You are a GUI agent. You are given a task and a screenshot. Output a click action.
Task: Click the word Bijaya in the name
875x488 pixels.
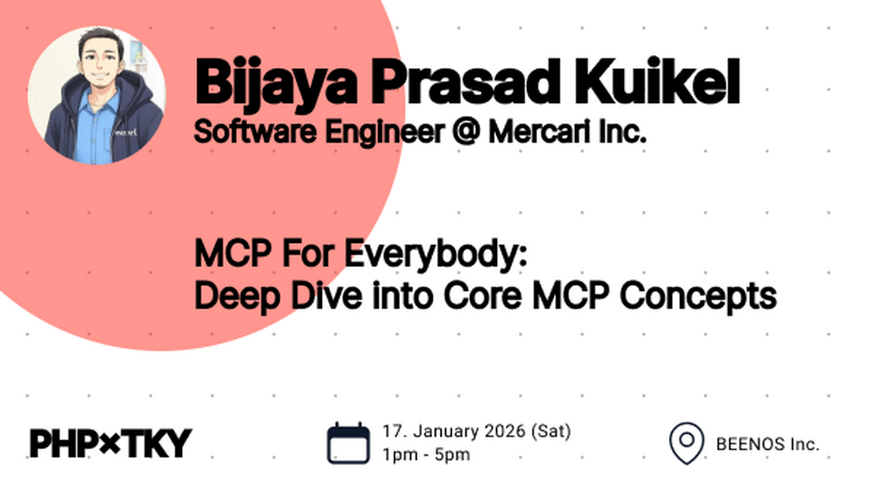click(276, 82)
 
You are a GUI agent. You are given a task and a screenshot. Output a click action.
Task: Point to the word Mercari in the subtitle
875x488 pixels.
click(538, 132)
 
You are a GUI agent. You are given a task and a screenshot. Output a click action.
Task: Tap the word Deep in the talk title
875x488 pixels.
click(236, 296)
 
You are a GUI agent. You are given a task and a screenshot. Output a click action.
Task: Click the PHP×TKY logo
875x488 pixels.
click(111, 443)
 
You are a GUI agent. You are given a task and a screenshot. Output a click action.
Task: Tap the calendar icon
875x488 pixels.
click(348, 443)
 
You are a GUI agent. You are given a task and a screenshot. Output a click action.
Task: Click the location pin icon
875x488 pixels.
click(687, 443)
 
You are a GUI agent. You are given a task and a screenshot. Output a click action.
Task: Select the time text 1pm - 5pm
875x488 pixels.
click(426, 455)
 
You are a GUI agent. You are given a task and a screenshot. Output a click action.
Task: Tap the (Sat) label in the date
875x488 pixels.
click(550, 432)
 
